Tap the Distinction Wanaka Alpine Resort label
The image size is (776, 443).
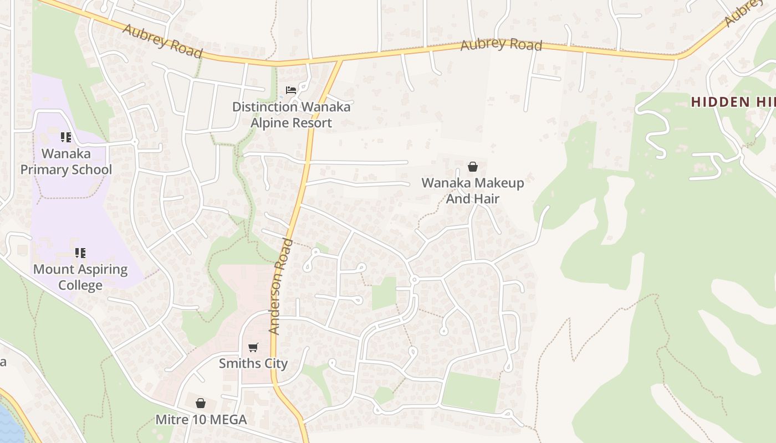(291, 115)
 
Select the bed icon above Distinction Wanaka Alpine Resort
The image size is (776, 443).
(290, 90)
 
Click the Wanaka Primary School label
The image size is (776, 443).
(66, 161)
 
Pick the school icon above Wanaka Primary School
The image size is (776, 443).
(66, 137)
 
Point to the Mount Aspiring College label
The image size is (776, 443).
(80, 277)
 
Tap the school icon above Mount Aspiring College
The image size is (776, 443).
(80, 253)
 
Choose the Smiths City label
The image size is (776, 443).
(253, 363)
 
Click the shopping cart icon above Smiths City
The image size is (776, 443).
(253, 347)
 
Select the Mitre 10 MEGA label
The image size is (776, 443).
(201, 419)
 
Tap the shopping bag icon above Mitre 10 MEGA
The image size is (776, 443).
(201, 403)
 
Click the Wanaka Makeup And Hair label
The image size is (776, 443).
(473, 190)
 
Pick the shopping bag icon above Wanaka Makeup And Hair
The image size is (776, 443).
(473, 166)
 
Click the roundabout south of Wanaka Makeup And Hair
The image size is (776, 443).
(413, 280)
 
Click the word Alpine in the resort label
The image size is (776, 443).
(270, 122)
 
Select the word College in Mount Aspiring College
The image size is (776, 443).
(80, 285)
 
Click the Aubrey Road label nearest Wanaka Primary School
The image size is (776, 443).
(162, 40)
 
